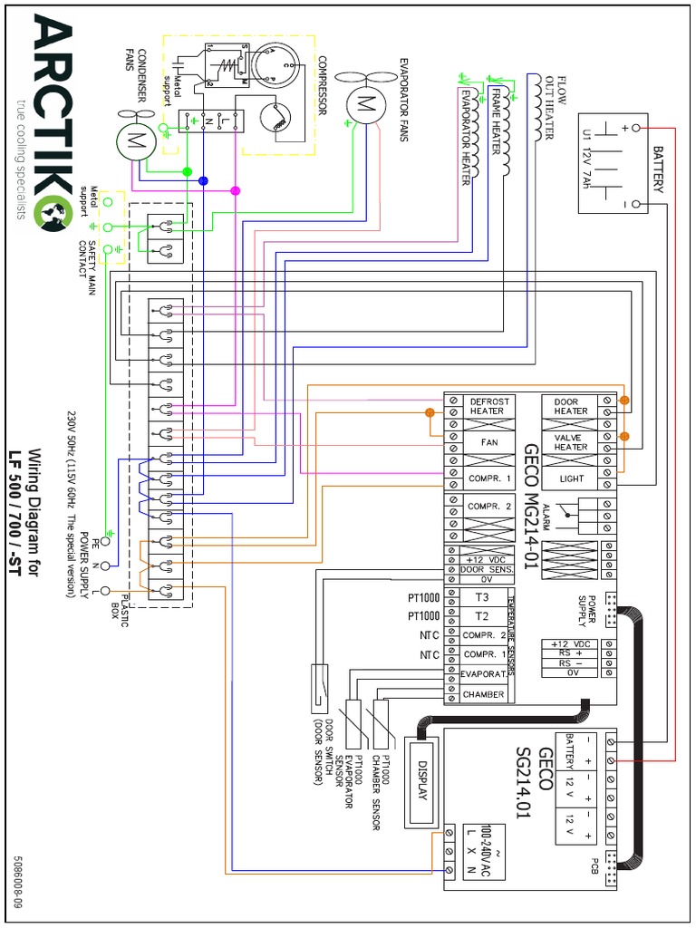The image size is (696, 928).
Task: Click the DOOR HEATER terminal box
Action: (570, 405)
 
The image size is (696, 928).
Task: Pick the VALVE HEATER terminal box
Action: (570, 441)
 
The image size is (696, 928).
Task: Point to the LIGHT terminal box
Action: (570, 478)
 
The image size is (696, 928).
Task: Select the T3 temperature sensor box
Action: (481, 598)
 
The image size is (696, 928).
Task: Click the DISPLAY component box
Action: (420, 780)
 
